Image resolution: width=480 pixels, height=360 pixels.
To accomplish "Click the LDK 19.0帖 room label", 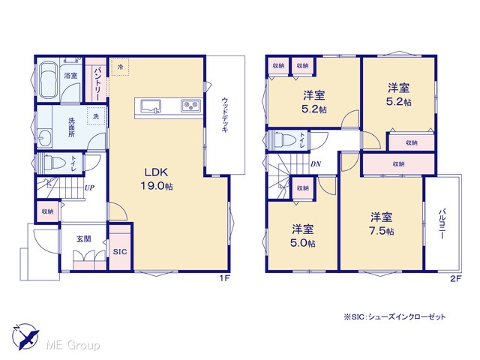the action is coord(157,179).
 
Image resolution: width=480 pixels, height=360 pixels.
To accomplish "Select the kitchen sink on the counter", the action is coord(151,106).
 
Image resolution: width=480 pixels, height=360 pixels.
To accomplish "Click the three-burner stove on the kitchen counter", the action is coord(190,106).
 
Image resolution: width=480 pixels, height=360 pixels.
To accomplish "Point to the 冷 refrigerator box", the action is coord(120,67).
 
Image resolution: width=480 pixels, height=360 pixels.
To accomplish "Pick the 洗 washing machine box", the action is coord(96,116).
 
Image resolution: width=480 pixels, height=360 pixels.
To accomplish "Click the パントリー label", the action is coord(96,84).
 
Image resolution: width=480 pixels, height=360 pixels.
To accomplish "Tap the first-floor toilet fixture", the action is coord(53,163).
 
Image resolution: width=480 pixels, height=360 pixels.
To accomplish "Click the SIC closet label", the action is coord(120,252).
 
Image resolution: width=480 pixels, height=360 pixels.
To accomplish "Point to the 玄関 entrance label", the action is coord(83,238).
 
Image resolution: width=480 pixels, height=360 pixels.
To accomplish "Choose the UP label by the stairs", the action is coord(89,187).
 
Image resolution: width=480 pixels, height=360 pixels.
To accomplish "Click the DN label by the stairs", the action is coord(316,164).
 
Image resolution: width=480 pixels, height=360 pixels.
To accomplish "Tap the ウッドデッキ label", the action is coord(225,115).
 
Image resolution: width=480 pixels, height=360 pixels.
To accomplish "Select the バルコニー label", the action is coord(442,223).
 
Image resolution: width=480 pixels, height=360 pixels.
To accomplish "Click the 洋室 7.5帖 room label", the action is coord(382,223).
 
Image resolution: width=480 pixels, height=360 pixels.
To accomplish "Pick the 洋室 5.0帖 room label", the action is coord(303,235).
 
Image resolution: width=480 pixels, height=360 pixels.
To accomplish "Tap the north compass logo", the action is coord(25,337).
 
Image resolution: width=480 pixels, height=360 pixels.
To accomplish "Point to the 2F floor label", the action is coord(455,278).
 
